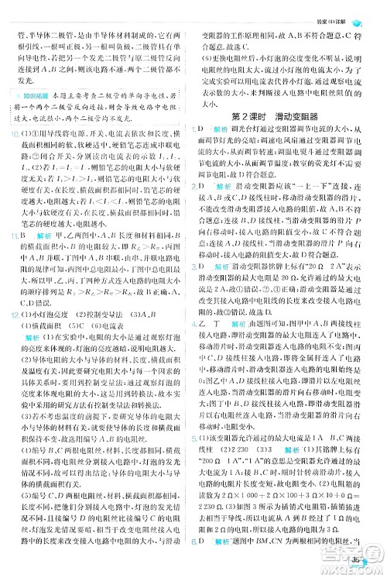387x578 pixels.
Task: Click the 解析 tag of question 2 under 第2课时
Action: click(224, 187)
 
